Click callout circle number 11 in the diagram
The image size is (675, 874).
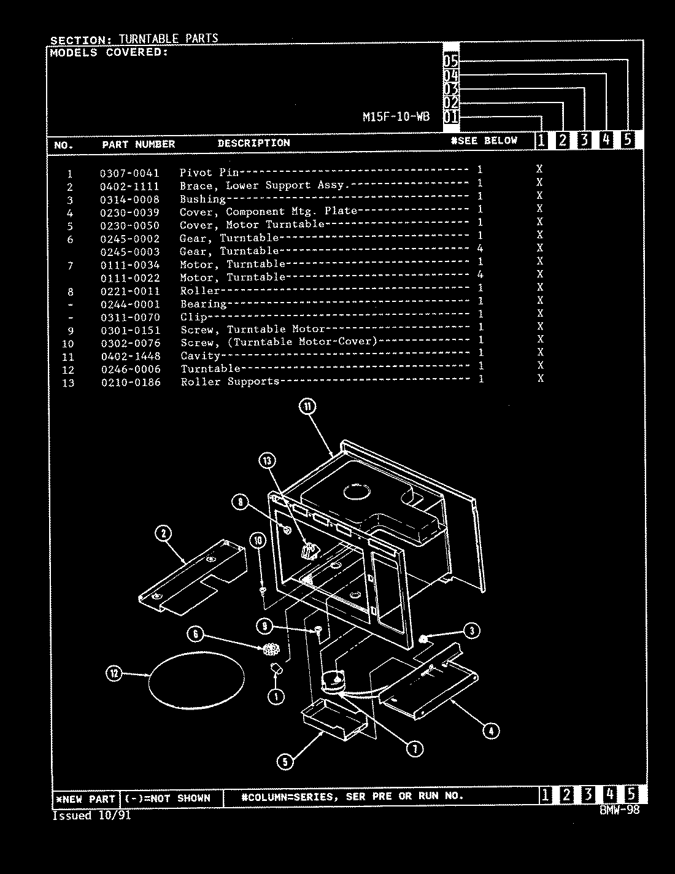(x=307, y=406)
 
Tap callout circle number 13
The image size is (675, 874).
(x=267, y=461)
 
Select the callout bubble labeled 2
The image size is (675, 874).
(x=163, y=533)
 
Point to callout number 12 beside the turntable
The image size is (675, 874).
(x=113, y=674)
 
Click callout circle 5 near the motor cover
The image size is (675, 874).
(x=285, y=762)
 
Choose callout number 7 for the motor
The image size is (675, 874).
(x=415, y=748)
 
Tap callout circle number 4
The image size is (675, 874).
(x=490, y=730)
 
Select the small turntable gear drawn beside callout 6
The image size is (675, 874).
(x=271, y=649)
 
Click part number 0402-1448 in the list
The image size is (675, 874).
(x=130, y=356)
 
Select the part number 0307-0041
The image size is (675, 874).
(x=129, y=173)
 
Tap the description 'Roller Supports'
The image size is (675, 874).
(x=229, y=382)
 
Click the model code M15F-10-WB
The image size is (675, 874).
(x=396, y=117)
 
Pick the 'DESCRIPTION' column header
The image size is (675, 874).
(x=253, y=143)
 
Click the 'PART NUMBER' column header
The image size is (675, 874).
(x=138, y=144)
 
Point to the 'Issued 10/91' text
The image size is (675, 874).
(x=91, y=816)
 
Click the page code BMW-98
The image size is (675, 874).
(x=620, y=810)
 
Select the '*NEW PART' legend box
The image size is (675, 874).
(x=85, y=799)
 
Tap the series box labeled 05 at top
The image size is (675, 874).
(x=451, y=61)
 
